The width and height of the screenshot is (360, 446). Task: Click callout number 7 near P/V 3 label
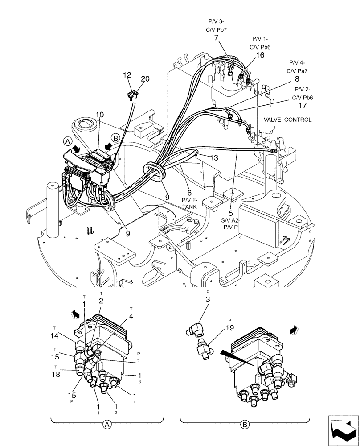pos(216,39)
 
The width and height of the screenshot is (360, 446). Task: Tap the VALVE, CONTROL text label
pos(288,120)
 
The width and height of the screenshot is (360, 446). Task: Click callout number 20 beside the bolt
pos(145,79)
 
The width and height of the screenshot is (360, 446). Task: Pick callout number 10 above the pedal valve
pos(99,115)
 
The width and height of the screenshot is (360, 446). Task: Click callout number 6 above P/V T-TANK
pos(189,192)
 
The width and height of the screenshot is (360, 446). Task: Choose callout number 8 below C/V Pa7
pos(296,79)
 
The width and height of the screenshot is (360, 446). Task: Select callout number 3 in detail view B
pos(208,300)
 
